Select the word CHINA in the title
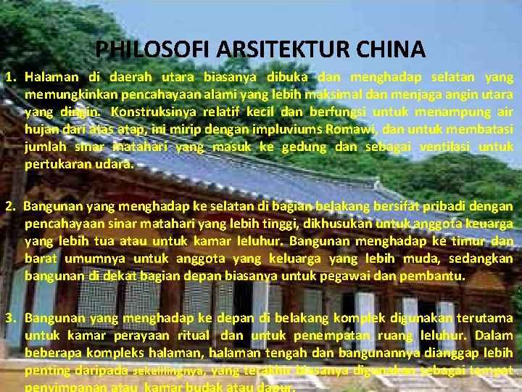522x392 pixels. [x=394, y=49]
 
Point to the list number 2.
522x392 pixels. [x=10, y=205]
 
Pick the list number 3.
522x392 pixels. [x=10, y=317]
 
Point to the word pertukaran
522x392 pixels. [x=56, y=163]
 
